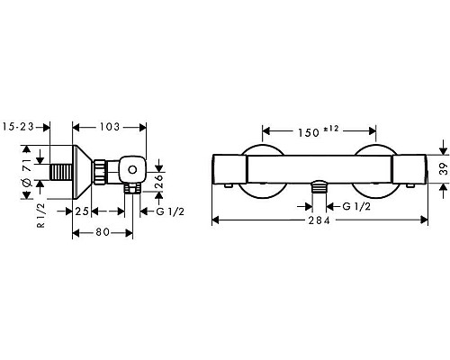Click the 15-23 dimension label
[x=19, y=127]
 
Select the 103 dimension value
[x=110, y=127]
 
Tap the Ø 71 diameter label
[x=27, y=174]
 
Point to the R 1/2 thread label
[x=41, y=215]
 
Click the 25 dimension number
[x=82, y=211]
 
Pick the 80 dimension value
[x=103, y=232]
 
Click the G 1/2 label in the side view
[x=170, y=211]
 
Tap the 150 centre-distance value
[x=308, y=132]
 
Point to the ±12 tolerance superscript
[x=330, y=129]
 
